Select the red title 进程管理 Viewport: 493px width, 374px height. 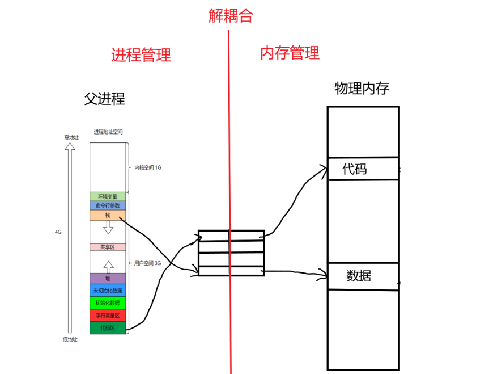[x=141, y=55]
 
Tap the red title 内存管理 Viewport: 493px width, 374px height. [x=290, y=53]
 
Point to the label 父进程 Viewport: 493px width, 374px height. [x=104, y=99]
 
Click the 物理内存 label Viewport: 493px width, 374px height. [x=362, y=88]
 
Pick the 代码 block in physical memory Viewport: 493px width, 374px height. [x=363, y=169]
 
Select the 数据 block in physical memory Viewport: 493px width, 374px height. [x=363, y=276]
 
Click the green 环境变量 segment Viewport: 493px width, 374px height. [x=108, y=196]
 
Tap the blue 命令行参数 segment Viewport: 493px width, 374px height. [x=108, y=205]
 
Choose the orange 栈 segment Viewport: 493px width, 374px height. [x=108, y=216]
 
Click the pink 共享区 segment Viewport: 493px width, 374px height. [x=108, y=247]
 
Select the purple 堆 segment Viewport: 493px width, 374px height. [x=108, y=279]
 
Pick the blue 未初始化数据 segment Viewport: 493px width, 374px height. [x=108, y=291]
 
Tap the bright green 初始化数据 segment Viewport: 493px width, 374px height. [x=108, y=302]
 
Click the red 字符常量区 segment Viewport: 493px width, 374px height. [x=108, y=315]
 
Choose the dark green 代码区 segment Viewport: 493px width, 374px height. [x=108, y=328]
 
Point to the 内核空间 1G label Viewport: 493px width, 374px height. [x=148, y=167]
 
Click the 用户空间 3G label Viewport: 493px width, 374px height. [x=148, y=263]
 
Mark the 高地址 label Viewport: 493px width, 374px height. [x=71, y=137]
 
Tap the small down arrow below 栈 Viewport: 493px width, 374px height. [x=108, y=228]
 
